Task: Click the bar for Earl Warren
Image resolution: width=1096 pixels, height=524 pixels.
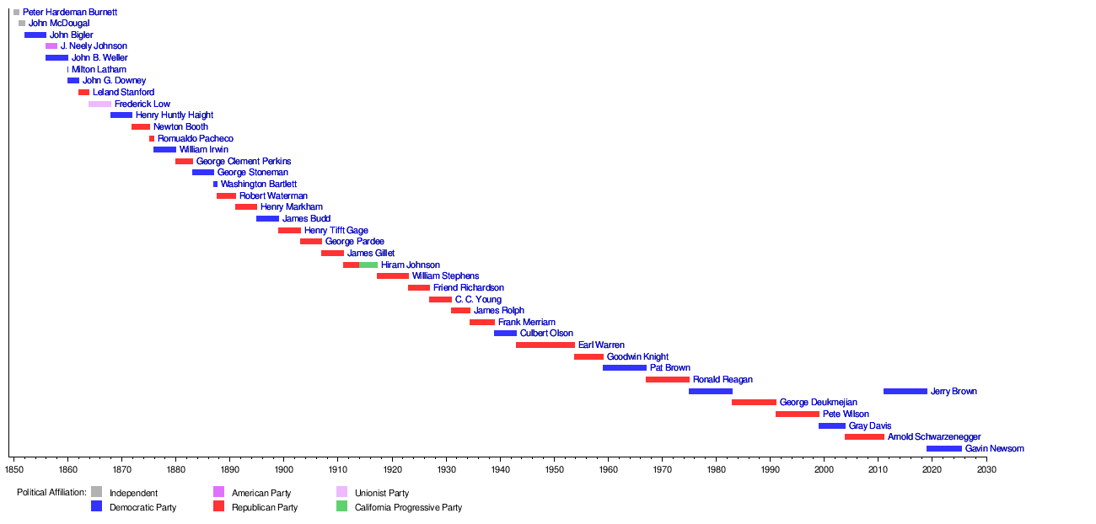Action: coord(545,345)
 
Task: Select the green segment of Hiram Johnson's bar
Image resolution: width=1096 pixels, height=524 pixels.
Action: coord(368,265)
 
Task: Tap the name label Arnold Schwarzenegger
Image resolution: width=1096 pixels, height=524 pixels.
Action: coord(934,437)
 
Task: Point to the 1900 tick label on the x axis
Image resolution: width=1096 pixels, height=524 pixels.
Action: coord(283,468)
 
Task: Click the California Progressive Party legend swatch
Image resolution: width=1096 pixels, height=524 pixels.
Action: coord(341,507)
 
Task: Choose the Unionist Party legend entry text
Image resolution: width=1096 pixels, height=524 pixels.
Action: coord(381,493)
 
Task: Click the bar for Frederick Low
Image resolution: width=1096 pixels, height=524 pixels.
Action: coord(99,104)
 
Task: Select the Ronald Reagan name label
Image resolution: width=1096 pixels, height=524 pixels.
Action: coord(723,380)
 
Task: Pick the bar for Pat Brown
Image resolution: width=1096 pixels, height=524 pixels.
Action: coord(625,368)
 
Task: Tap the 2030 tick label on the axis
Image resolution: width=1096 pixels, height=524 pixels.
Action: coord(986,468)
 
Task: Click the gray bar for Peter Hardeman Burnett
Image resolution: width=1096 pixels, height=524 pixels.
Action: coord(16,13)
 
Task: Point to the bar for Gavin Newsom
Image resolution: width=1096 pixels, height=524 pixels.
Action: coord(943,449)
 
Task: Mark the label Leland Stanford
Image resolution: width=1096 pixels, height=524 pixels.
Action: coord(123,93)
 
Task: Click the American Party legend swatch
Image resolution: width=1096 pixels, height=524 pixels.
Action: coord(218,492)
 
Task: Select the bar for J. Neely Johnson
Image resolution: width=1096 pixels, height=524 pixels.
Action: coord(51,46)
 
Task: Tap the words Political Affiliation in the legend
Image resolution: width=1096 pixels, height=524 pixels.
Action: coord(51,493)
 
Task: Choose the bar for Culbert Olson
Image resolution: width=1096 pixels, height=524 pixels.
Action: coord(505,334)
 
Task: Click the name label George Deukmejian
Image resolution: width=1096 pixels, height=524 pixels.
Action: coord(818,403)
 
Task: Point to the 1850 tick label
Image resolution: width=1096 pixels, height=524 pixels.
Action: coord(13,468)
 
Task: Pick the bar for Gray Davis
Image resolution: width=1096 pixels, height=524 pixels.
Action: coord(831,426)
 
